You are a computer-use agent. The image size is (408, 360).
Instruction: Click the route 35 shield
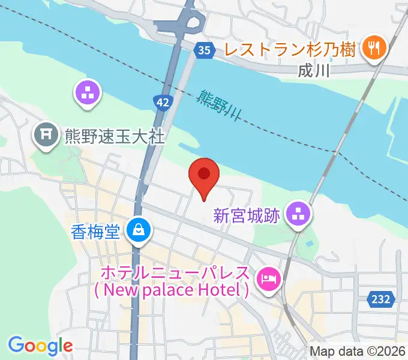click(204, 50)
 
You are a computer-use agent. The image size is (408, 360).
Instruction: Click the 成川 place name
click(314, 70)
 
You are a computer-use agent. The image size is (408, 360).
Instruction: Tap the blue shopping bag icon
click(139, 229)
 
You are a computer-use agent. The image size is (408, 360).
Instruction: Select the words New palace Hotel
click(171, 290)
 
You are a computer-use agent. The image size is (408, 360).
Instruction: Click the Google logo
click(40, 346)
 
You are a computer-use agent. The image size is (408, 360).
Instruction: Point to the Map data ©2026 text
click(358, 352)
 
